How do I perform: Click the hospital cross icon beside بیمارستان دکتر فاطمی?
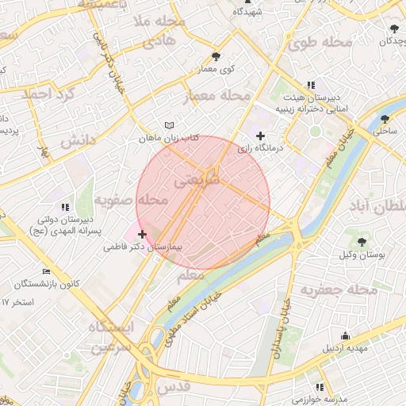pyautogui.click(x=143, y=234)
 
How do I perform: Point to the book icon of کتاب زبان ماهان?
pyautogui.click(x=168, y=125)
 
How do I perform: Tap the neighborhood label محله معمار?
pyautogui.click(x=216, y=97)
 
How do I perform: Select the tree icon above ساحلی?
pyautogui.click(x=385, y=119)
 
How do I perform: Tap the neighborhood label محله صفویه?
pyautogui.click(x=131, y=201)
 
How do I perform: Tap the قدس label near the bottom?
pyautogui.click(x=175, y=386)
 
